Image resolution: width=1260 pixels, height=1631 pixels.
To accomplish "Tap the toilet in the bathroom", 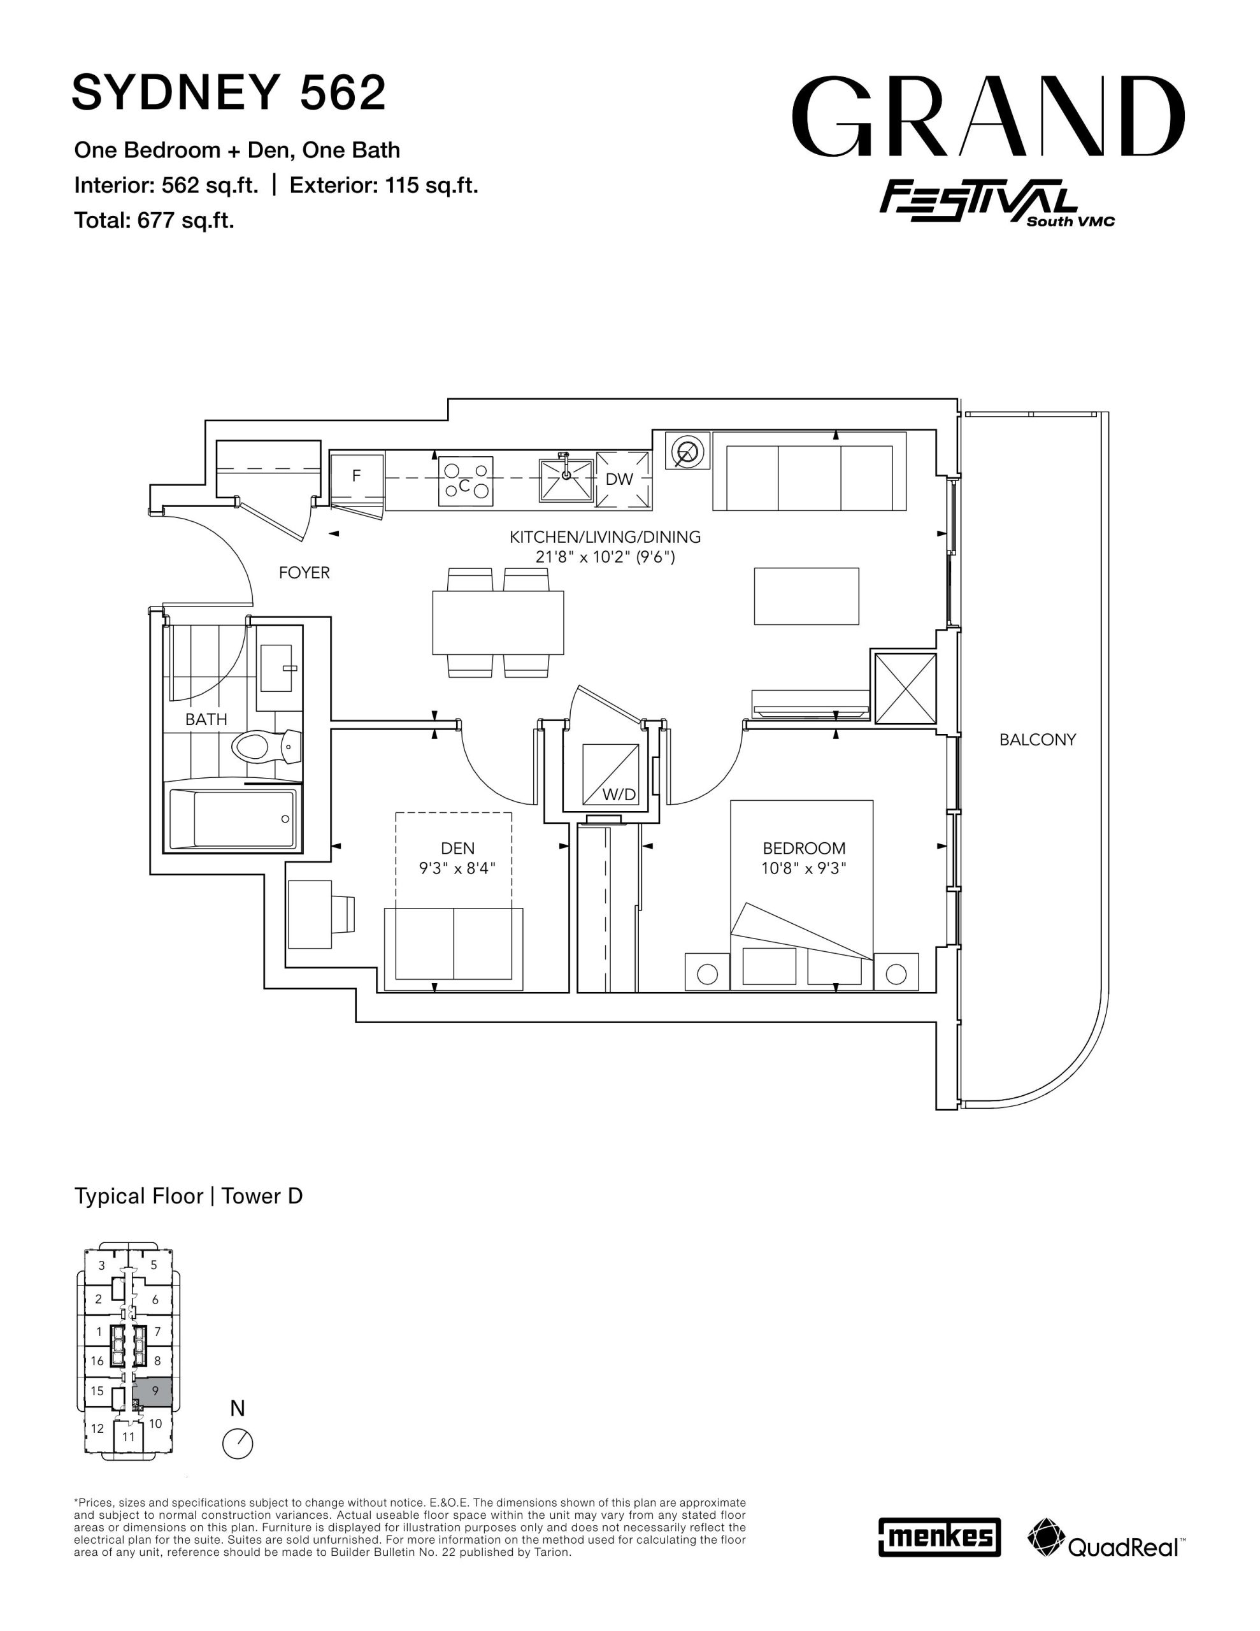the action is [266, 746].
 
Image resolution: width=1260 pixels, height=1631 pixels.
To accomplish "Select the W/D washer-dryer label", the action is [619, 794].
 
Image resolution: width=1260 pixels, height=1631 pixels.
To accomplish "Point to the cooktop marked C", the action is [465, 481].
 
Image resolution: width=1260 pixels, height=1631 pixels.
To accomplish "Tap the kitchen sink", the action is [566, 478].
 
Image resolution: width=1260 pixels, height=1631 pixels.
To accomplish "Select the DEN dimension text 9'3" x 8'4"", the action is [457, 868].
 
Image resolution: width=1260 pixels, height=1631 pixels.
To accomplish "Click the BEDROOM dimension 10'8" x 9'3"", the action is [804, 868].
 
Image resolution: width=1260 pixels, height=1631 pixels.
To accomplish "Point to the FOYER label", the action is [304, 573].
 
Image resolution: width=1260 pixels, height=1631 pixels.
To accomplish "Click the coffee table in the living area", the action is [806, 596].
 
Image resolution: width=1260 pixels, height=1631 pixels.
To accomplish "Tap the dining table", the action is [498, 622].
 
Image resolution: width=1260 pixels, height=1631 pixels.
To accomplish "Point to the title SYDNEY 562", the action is [229, 92].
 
